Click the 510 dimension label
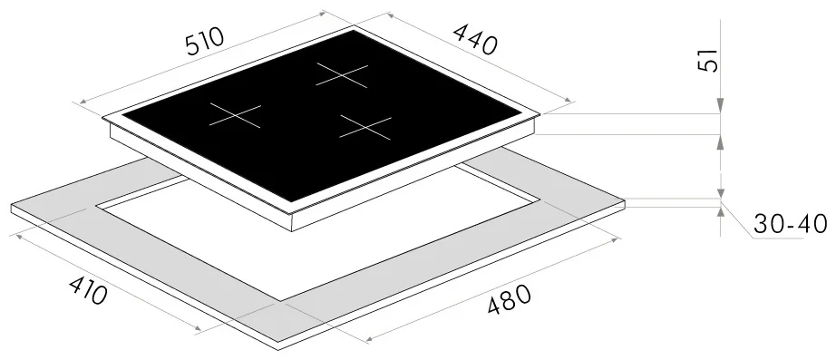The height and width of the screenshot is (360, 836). point(205,42)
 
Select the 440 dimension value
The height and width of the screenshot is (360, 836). point(475,40)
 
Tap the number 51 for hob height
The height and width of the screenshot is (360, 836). point(708,60)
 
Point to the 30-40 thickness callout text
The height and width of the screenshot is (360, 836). point(791,225)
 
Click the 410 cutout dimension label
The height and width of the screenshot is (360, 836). point(88,291)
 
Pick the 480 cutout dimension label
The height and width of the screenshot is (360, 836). point(510,299)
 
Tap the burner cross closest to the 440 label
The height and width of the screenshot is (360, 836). point(342,75)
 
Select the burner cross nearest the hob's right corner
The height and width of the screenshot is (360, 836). point(365,128)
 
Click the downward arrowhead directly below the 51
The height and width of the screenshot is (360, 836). point(720,105)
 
